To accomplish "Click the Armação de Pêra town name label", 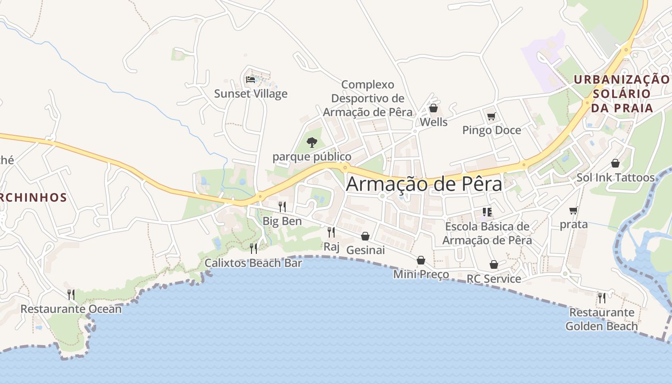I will point(424,184).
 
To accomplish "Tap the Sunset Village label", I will point(251,94).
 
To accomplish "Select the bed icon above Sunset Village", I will point(250,79).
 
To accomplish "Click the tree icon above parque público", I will point(312,142).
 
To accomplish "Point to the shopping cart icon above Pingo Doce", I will point(491,116).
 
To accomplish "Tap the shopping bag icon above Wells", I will point(433,108).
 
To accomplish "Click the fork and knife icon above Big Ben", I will point(282,207).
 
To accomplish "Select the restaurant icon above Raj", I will point(331,232).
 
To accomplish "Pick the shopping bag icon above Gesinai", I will point(365,236).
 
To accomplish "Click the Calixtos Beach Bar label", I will point(253,263).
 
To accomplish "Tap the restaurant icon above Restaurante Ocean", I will point(71,294).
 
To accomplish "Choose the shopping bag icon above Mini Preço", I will point(421,260).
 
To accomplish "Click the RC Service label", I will point(493,279).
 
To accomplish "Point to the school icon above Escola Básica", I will point(487,212).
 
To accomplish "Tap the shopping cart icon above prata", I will point(573,210).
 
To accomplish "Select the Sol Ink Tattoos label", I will point(615,178).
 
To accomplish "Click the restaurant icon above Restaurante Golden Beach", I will point(601,298).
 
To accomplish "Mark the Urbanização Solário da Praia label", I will point(622,94).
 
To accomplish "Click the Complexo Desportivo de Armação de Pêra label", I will point(368,98).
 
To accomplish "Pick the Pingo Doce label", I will point(492,130).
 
